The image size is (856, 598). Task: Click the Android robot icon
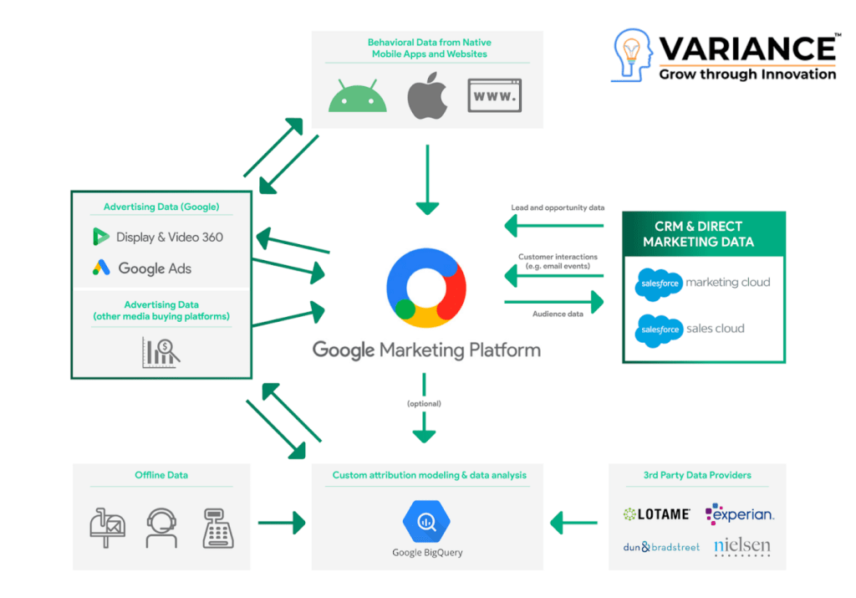click(358, 95)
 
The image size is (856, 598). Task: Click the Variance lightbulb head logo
click(633, 54)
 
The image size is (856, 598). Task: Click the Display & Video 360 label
click(159, 237)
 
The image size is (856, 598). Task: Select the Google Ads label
click(143, 268)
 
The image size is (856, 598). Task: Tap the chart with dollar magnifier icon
click(160, 353)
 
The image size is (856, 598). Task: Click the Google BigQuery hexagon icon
click(426, 522)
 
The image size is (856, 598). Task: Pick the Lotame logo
click(657, 514)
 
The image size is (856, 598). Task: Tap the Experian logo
click(739, 514)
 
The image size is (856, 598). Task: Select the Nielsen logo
click(741, 547)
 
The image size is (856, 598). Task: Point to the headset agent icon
click(160, 527)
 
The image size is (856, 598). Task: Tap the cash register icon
click(217, 527)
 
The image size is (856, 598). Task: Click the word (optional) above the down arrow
click(424, 403)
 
